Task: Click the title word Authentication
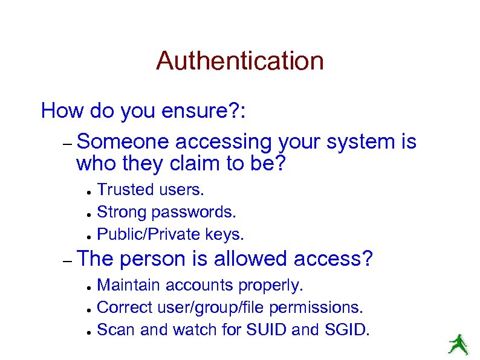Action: pos(239,61)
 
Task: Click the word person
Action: pos(154,259)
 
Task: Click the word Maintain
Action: pos(129,284)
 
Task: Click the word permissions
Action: pos(316,307)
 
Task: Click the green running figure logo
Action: pos(458,344)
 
